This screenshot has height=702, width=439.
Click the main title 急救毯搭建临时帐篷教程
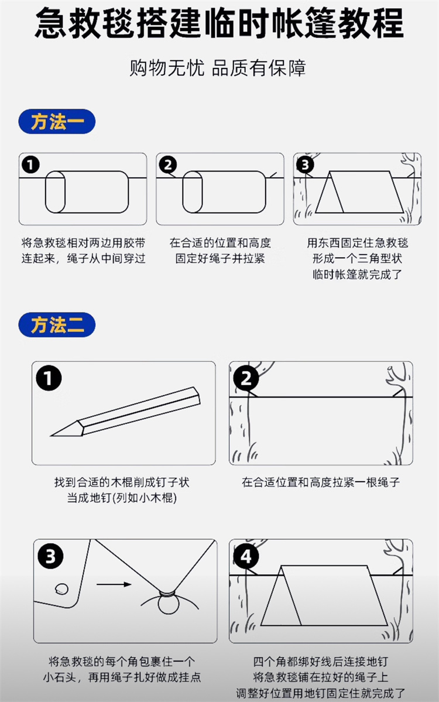220,23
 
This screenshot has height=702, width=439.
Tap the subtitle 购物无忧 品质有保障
218,68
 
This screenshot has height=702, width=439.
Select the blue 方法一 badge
57,121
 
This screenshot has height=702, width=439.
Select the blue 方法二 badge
57,324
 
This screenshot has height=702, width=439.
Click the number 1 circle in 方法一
30,165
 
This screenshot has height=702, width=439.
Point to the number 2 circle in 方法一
168,165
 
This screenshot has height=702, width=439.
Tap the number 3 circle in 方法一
305,165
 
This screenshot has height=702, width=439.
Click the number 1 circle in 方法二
49,378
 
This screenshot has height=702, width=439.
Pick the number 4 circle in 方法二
246,557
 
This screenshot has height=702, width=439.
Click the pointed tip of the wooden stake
50,435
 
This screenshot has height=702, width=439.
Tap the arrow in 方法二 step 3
114,584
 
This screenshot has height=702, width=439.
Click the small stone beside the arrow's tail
62,588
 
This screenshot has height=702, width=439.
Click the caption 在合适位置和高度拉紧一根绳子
320,482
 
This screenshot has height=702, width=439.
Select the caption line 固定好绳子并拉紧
220,258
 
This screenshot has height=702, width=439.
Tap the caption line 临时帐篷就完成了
357,274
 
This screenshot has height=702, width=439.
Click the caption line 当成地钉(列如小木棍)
122,498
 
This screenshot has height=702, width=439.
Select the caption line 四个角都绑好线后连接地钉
320,661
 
